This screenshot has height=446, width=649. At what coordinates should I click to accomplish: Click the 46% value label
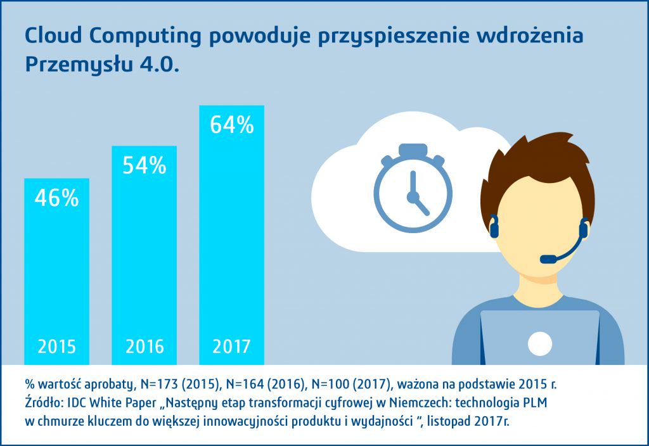(56, 198)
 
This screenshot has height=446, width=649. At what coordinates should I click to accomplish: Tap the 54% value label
(144, 166)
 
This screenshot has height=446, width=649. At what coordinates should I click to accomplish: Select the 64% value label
(231, 125)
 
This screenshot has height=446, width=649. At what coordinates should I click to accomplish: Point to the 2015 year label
(56, 347)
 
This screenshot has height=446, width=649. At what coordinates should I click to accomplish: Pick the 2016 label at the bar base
(144, 347)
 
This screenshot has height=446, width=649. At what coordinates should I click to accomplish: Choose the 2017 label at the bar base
(231, 347)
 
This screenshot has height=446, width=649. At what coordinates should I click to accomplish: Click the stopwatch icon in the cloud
(413, 191)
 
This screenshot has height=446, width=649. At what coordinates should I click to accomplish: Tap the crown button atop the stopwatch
(413, 151)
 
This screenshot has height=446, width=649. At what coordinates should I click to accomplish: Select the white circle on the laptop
(540, 343)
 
